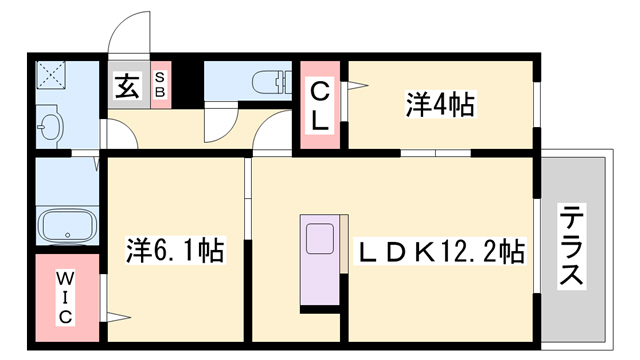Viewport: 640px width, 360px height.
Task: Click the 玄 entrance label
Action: (x=127, y=86)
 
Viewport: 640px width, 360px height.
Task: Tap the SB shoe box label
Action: (x=160, y=84)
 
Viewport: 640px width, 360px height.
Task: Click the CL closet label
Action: (x=320, y=106)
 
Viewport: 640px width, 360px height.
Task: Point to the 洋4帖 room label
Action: (x=440, y=104)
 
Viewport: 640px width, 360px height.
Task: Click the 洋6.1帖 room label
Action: (x=175, y=250)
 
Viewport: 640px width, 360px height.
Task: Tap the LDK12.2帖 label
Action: (x=442, y=252)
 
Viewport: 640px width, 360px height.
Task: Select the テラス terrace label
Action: (x=571, y=246)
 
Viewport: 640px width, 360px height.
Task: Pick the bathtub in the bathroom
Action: (x=67, y=227)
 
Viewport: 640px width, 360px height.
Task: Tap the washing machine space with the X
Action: (x=51, y=75)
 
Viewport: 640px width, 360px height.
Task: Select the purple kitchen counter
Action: (x=320, y=260)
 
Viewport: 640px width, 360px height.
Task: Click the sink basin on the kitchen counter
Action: (x=320, y=238)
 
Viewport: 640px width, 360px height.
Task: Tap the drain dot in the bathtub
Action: (x=67, y=236)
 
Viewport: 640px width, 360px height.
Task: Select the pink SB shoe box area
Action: (x=161, y=84)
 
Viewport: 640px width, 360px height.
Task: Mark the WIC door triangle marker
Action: (x=119, y=317)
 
